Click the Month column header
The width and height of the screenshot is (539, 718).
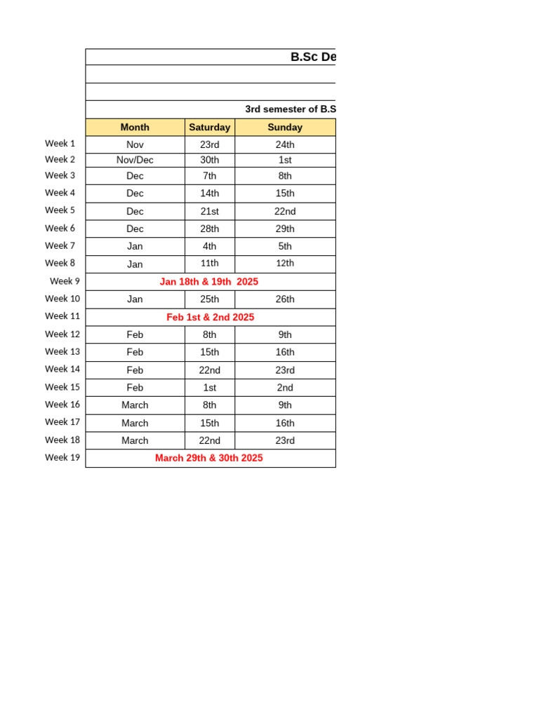(135, 127)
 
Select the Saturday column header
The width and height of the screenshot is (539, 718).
(209, 127)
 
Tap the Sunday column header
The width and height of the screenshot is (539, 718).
(285, 127)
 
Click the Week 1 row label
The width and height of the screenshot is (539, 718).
(60, 144)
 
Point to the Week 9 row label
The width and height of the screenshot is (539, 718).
(65, 281)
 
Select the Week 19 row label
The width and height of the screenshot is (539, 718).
(62, 457)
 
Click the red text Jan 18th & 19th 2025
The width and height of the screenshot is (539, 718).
(209, 282)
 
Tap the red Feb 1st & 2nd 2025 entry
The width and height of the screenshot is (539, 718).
(211, 317)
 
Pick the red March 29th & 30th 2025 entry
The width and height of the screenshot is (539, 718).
(209, 458)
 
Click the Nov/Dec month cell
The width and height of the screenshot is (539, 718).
(135, 160)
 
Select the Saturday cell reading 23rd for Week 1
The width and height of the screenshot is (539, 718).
(209, 144)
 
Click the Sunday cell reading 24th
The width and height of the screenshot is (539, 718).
(285, 144)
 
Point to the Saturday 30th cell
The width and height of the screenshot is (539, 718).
(209, 160)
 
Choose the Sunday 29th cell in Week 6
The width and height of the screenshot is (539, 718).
(285, 229)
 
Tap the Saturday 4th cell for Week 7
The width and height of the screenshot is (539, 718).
(209, 246)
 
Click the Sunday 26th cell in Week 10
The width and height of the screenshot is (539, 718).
(285, 299)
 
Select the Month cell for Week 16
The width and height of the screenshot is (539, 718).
(135, 405)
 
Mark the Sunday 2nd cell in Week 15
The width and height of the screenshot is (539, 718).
(285, 388)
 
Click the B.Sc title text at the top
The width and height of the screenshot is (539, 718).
(313, 57)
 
